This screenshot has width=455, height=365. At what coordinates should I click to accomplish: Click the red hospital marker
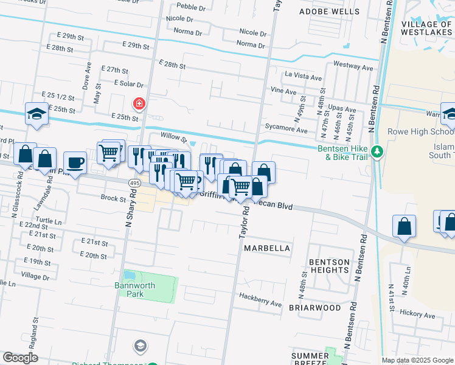(x=140, y=104)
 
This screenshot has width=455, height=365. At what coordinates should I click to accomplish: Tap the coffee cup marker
(x=75, y=163)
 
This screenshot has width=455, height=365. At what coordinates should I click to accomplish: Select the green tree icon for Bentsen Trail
(x=377, y=151)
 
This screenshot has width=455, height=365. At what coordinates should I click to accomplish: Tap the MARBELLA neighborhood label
(x=267, y=249)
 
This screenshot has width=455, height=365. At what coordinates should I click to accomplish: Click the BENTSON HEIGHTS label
(x=329, y=266)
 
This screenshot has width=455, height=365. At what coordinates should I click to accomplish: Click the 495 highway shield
(x=135, y=183)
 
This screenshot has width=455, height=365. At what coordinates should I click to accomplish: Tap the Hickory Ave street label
(x=417, y=315)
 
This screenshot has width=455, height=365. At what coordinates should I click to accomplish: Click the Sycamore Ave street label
(x=286, y=130)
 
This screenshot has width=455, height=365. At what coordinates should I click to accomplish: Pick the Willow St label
(x=173, y=136)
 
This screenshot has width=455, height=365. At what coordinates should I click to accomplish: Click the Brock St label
(x=113, y=198)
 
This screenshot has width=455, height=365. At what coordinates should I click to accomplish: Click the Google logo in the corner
(x=20, y=358)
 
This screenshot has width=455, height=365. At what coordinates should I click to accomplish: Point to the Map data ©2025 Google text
(x=417, y=360)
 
